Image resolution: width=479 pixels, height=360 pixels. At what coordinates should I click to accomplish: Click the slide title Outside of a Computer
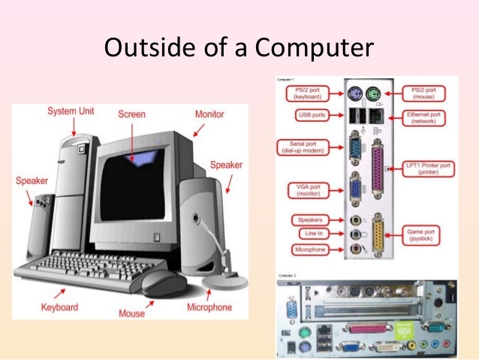point(239,48)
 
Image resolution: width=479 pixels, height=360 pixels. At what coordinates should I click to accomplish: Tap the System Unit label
point(71,111)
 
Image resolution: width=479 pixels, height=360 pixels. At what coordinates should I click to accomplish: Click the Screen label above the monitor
point(132,115)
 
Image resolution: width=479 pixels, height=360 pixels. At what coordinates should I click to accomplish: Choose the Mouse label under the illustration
point(132,313)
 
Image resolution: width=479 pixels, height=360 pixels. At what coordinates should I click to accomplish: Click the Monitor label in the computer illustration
point(209,114)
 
